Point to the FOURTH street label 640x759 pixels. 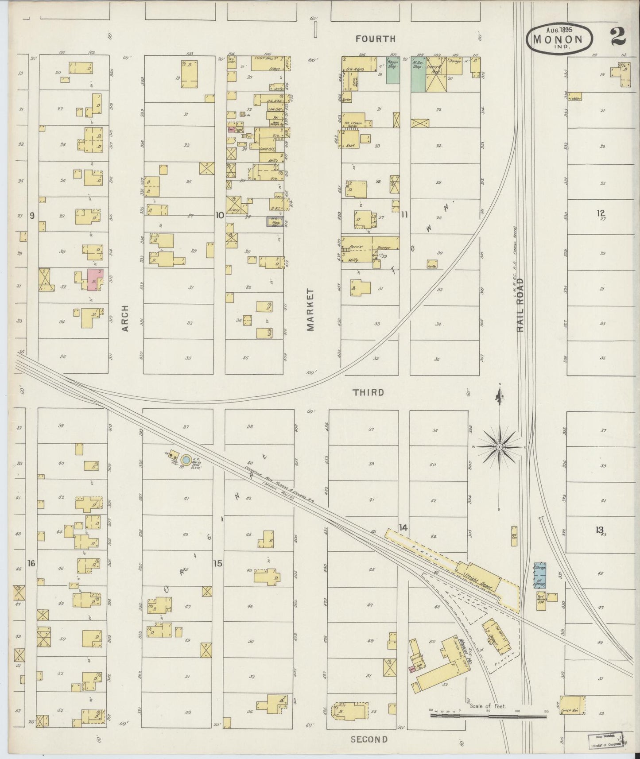[x=376, y=39]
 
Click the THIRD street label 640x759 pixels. [x=368, y=392]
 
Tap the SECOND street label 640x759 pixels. [x=369, y=739]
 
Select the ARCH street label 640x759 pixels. [x=125, y=318]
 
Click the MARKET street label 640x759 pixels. [x=310, y=310]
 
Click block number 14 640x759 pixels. [x=402, y=527]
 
